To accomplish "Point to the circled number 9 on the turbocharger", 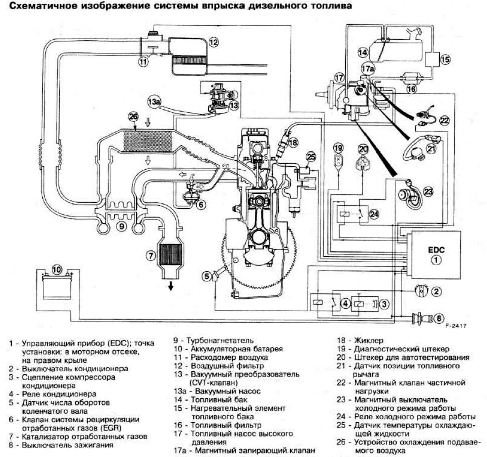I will [120, 226].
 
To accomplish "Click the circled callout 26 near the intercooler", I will [133, 117].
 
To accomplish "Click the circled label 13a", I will [154, 102].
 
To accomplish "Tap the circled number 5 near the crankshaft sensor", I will [206, 275].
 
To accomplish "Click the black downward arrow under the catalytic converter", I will [171, 286].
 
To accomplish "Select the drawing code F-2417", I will [455, 326].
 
